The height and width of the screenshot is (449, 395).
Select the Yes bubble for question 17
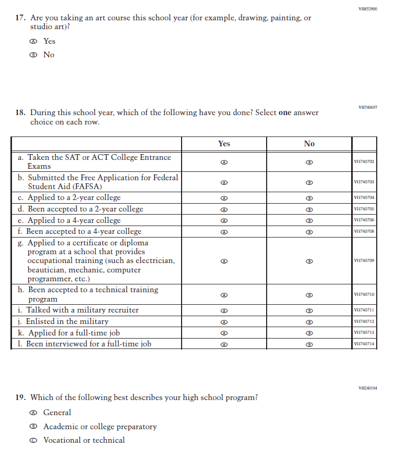pyautogui.click(x=33, y=41)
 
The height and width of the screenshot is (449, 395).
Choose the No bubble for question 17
pyautogui.click(x=33, y=55)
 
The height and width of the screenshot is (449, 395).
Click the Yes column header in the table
pyautogui.click(x=224, y=144)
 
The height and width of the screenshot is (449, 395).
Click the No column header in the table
pyautogui.click(x=309, y=144)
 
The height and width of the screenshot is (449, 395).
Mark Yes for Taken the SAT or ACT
pyautogui.click(x=224, y=162)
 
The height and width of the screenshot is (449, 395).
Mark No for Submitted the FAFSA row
pyautogui.click(x=309, y=182)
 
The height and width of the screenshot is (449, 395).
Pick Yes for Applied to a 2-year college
pyautogui.click(x=224, y=198)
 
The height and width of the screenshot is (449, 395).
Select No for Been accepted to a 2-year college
pyautogui.click(x=309, y=209)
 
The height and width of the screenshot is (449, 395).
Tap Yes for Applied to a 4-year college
pyautogui.click(x=224, y=220)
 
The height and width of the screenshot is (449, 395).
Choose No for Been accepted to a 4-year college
pyautogui.click(x=309, y=231)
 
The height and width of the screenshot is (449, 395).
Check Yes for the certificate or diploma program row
pyautogui.click(x=224, y=260)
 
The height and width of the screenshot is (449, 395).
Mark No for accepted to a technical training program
pyautogui.click(x=309, y=295)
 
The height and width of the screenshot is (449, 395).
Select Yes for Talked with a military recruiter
pyautogui.click(x=224, y=310)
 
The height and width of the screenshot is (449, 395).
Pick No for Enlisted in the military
pyautogui.click(x=309, y=322)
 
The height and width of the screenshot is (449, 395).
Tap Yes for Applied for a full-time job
pyautogui.click(x=224, y=333)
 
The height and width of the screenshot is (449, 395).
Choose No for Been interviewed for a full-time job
pyautogui.click(x=309, y=344)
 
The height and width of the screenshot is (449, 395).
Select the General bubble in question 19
pyautogui.click(x=33, y=413)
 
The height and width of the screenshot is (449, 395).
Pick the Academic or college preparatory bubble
pyautogui.click(x=33, y=427)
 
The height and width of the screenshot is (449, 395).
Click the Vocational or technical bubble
pyautogui.click(x=33, y=440)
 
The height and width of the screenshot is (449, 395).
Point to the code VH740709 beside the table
pyautogui.click(x=364, y=260)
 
